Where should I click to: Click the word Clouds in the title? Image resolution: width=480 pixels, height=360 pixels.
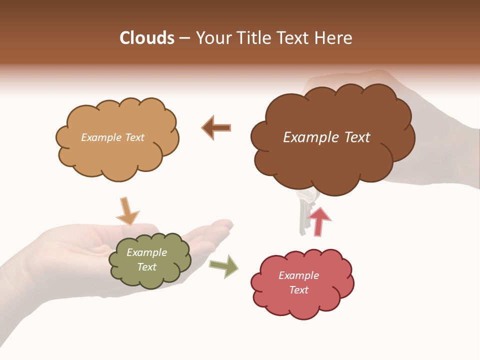[147, 38]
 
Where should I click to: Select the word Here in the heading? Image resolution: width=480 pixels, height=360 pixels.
[333, 38]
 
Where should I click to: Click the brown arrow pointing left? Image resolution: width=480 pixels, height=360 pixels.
[216, 127]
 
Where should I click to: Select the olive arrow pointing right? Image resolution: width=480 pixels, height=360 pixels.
[224, 266]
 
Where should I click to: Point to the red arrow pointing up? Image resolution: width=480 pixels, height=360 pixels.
[318, 221]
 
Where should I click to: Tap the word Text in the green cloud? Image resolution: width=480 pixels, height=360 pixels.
[147, 267]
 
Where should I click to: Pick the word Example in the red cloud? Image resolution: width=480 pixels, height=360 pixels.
[298, 275]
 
